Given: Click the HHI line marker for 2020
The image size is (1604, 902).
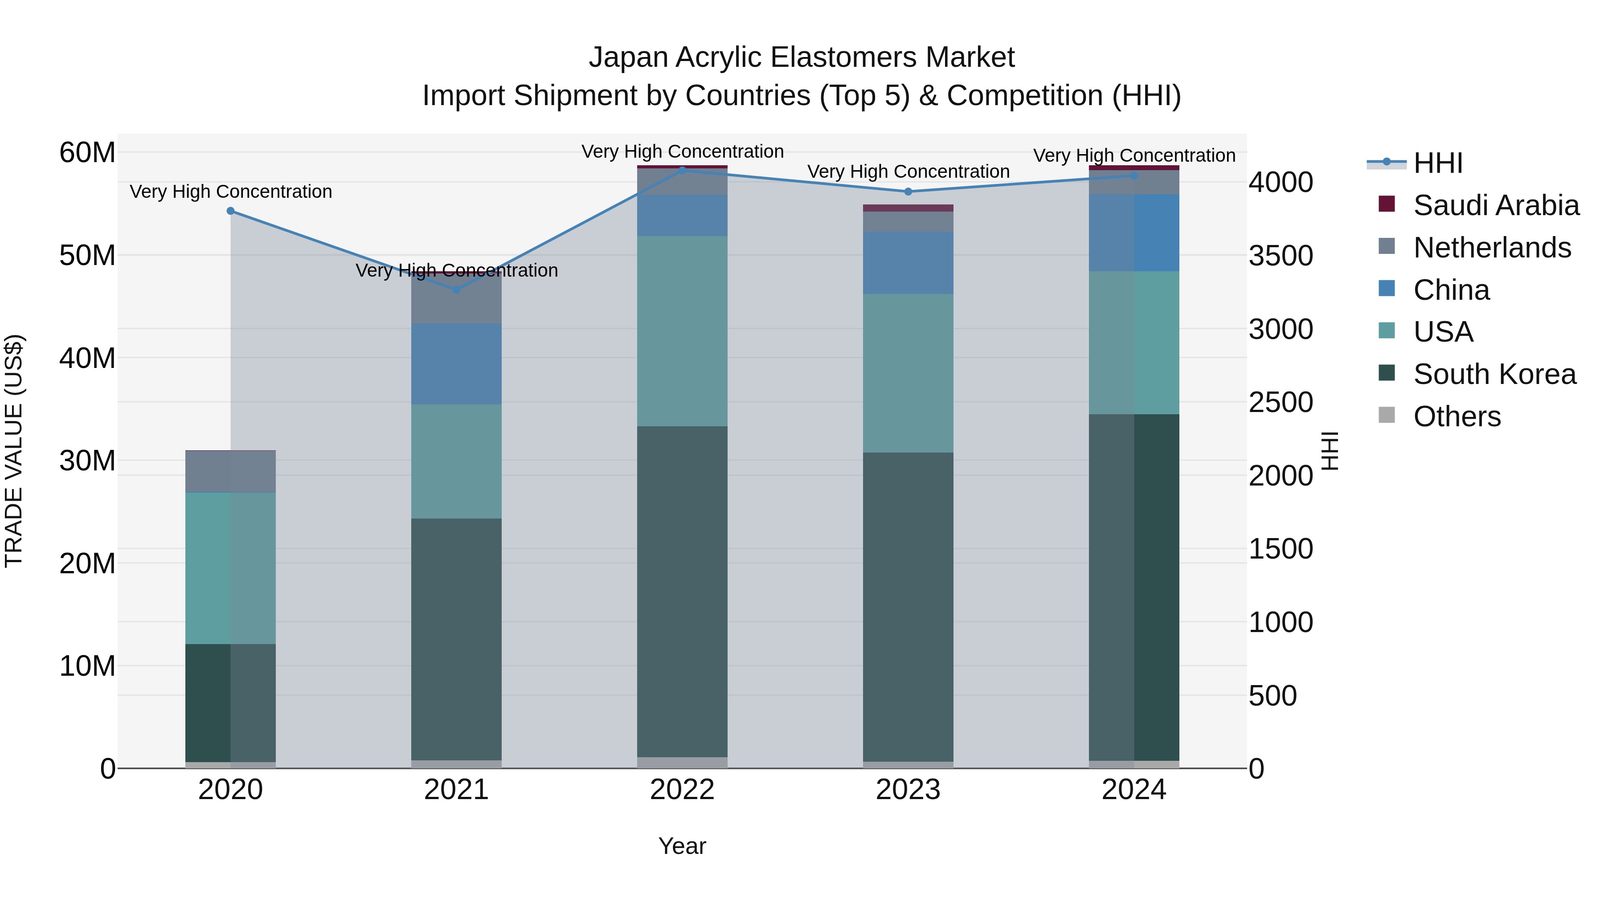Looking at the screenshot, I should coord(230,211).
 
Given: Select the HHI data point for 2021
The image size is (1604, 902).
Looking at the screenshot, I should coord(456,290).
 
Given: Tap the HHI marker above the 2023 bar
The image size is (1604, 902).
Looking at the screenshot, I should coord(908,192).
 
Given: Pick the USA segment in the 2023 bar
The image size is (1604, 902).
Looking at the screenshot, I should coord(908,374).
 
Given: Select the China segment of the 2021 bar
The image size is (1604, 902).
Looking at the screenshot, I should coord(456,364).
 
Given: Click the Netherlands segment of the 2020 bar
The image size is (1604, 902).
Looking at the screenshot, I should coord(230,471).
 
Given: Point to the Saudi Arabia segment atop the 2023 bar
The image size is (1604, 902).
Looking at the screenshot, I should coord(908,208).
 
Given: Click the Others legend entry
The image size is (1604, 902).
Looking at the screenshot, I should coord(1457,416).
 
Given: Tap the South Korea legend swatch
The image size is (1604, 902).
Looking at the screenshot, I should coord(1387,373).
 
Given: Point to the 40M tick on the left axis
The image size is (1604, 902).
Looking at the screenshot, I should coord(87,359).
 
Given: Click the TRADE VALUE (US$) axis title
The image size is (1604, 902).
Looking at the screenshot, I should coord(14,451).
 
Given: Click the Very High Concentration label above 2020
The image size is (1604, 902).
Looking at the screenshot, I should coord(230,192).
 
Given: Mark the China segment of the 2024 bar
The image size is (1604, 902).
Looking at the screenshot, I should coord(1134,233).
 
